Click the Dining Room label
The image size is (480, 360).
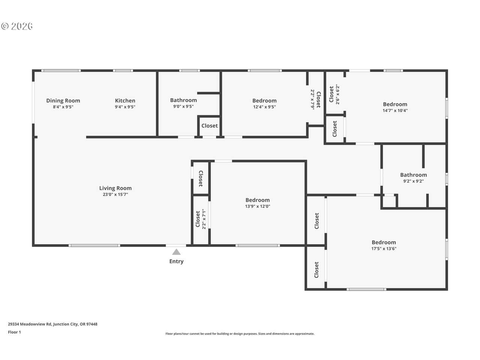point(63,100)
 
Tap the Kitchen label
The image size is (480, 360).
point(125,100)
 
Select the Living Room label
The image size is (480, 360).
point(115,188)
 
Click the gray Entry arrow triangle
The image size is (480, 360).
point(176,252)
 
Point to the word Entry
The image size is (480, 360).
point(176,261)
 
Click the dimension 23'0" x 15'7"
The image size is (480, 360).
point(115,194)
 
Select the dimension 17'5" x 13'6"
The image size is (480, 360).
point(384,249)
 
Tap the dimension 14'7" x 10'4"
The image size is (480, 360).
point(395,110)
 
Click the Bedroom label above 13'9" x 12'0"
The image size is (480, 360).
point(258,200)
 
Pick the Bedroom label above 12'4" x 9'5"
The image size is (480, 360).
point(264,100)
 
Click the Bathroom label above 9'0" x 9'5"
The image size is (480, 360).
point(183,100)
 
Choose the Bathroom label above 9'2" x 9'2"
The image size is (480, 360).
point(414,175)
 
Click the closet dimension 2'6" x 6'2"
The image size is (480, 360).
point(337,94)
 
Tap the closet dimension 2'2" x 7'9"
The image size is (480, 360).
point(312,99)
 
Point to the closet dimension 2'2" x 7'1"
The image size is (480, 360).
point(204,219)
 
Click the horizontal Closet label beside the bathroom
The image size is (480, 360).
point(210,126)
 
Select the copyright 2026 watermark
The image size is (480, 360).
point(17,26)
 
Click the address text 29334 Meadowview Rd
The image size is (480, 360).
point(30,324)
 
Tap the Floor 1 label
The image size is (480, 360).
point(14,332)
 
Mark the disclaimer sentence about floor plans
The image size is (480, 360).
point(240,333)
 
